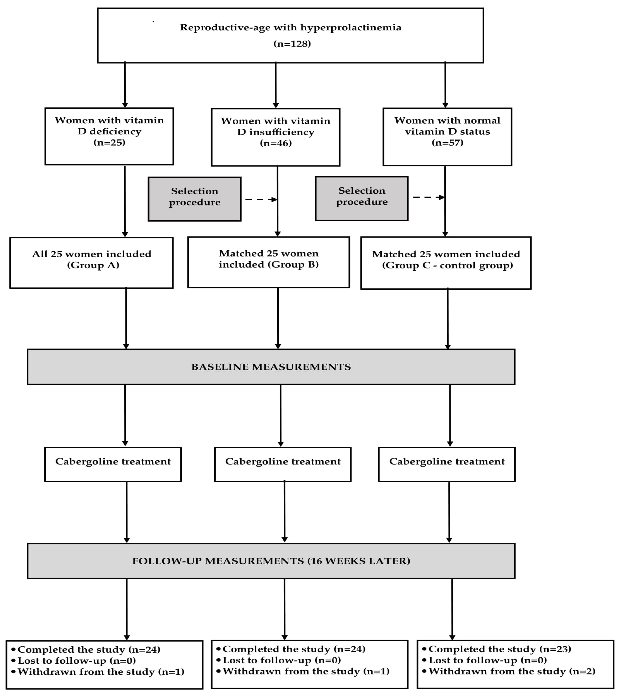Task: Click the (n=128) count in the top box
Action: pyautogui.click(x=292, y=44)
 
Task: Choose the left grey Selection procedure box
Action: pyautogui.click(x=194, y=199)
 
